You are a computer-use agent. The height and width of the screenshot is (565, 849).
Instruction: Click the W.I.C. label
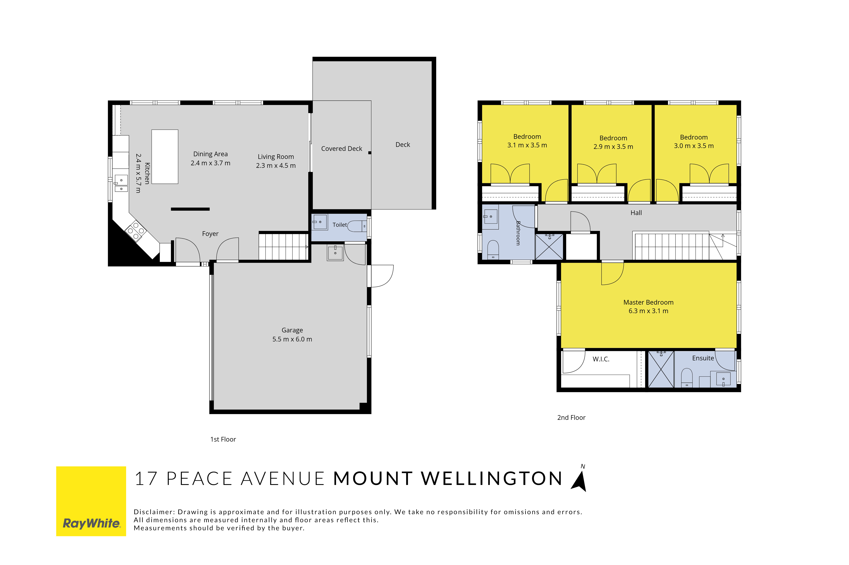601,359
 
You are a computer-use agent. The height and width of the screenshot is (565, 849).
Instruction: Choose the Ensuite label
703,358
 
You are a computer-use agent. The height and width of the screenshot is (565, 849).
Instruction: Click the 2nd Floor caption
571,418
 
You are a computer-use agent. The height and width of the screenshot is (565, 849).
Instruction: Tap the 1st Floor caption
223,439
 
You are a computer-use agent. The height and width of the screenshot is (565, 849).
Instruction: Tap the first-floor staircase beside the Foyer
283,247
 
